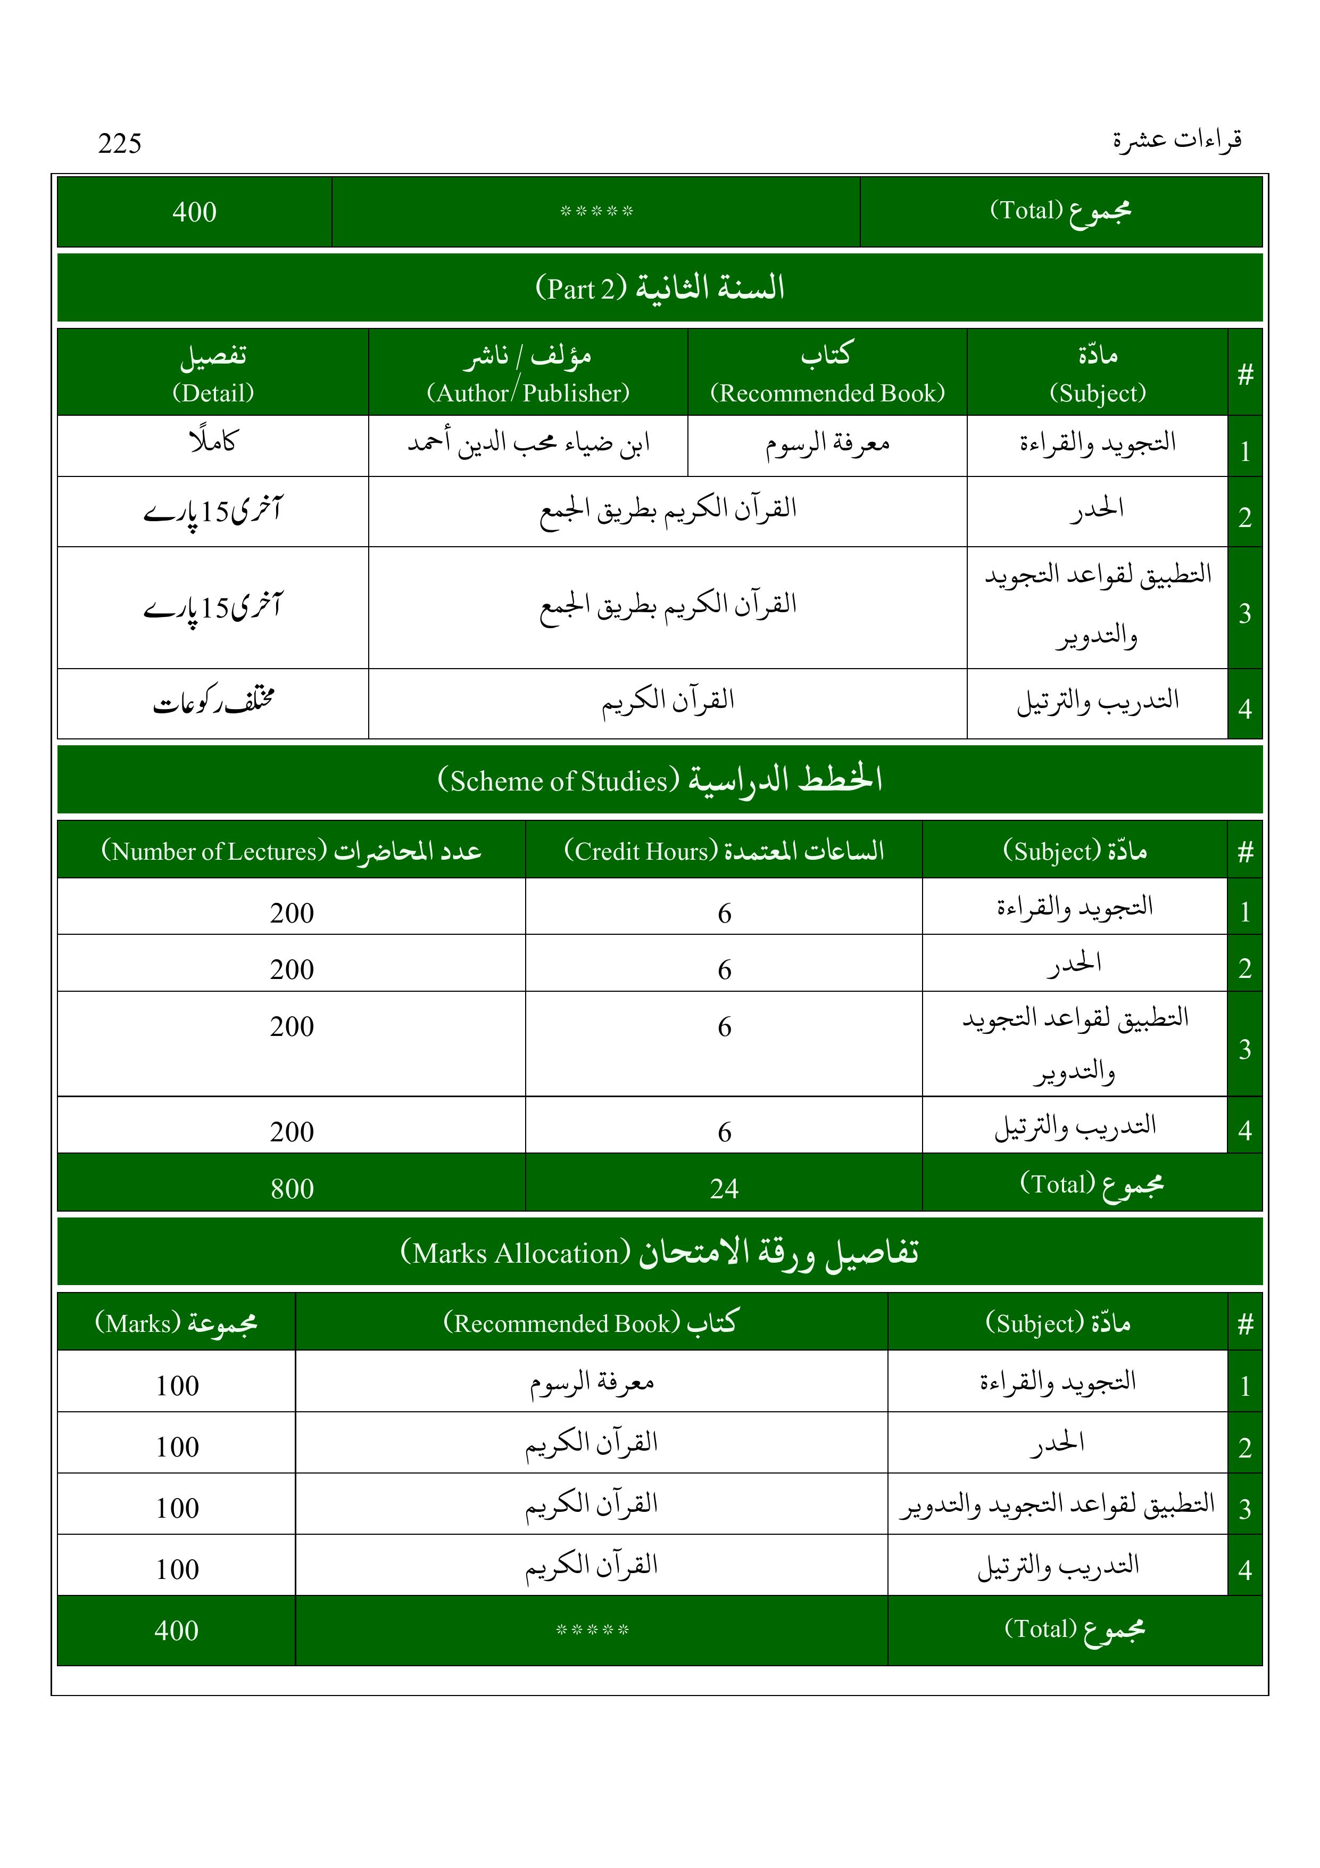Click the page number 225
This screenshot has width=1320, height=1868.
(120, 143)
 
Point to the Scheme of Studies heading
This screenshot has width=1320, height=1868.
(660, 779)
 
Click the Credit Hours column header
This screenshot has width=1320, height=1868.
(724, 851)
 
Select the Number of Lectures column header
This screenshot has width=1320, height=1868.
(291, 851)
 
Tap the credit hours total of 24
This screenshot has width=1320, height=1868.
(724, 1189)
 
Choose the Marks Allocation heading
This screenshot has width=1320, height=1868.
(660, 1252)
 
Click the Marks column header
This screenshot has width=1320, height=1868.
(177, 1323)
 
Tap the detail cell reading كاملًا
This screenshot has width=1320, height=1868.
(213, 442)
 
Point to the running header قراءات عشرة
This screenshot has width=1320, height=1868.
(1177, 140)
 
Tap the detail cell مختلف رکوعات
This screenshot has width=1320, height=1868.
(214, 701)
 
